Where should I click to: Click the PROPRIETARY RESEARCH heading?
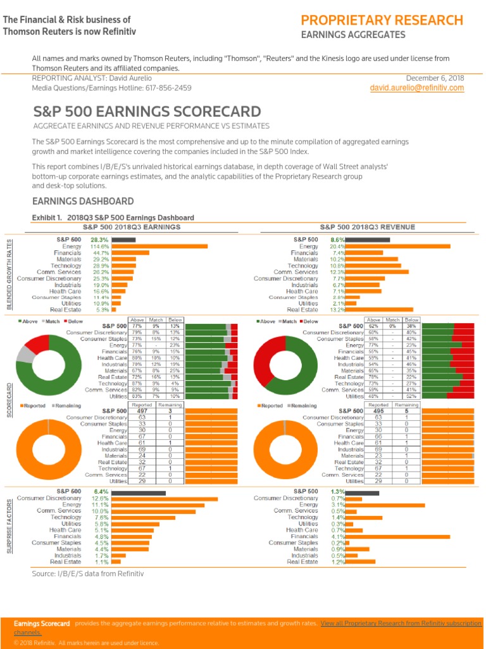coord(382,20)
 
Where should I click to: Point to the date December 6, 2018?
coord(435,78)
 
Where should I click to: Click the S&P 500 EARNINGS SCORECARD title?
coord(147,112)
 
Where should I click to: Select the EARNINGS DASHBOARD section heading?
coord(83,202)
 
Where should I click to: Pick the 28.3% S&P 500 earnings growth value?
coord(100,240)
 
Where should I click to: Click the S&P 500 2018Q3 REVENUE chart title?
coord(367,227)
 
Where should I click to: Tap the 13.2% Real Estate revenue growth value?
coord(337,310)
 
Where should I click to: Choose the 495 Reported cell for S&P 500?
coord(378,411)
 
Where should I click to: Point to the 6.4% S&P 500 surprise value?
coord(101,492)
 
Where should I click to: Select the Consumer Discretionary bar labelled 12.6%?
coord(165,499)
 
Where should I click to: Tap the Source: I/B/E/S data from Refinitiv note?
coord(88,574)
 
